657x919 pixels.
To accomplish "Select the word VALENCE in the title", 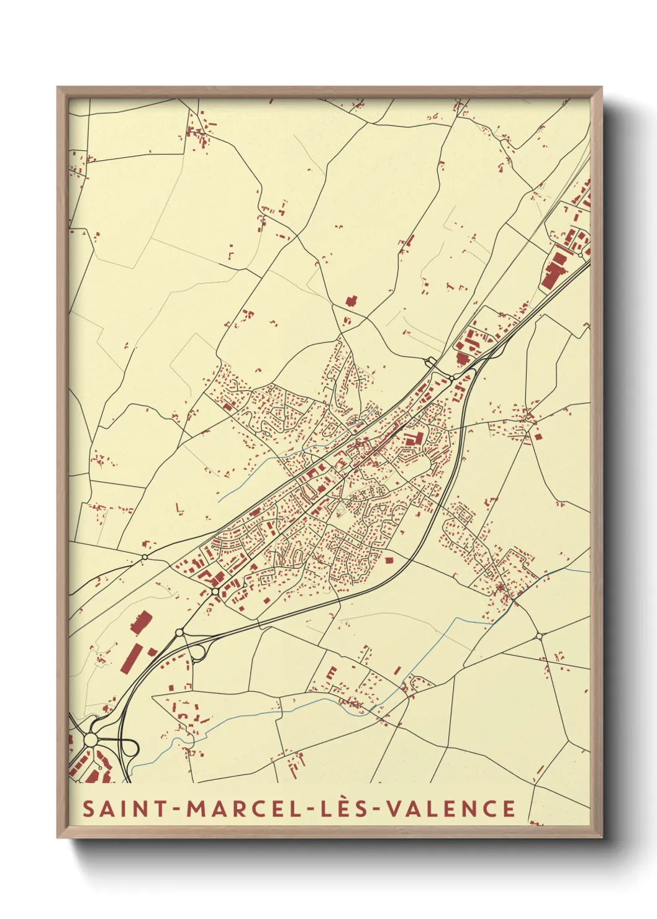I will click(450, 809).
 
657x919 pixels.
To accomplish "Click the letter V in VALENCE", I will click(393, 809).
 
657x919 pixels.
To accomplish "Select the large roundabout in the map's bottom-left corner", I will click(91, 740).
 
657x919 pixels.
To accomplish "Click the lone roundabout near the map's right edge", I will click(538, 636).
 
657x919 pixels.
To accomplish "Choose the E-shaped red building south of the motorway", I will click(332, 673).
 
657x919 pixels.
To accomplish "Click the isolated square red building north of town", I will click(351, 301).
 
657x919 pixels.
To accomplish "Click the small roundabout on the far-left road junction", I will click(145, 557).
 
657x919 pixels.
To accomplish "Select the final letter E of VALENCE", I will click(509, 809).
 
